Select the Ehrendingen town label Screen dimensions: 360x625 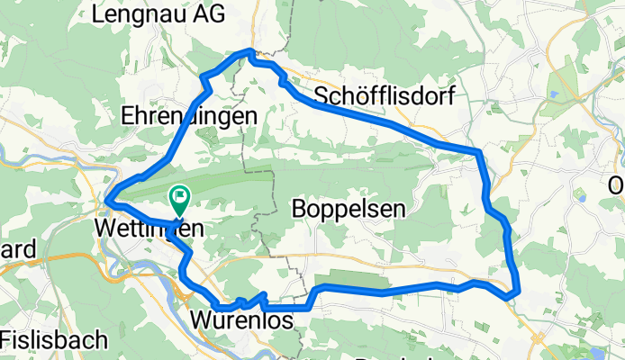click(189, 115)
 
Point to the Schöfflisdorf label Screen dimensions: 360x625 click(384, 95)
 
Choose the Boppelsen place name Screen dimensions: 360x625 click(349, 209)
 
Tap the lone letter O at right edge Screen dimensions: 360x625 click(617, 185)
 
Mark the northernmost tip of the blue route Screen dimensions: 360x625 click(251, 52)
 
